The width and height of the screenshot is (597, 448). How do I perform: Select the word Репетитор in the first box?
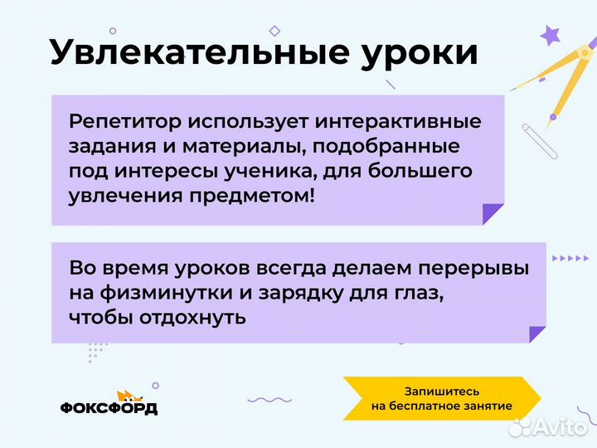(124, 121)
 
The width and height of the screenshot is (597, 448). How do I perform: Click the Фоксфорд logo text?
(109, 408)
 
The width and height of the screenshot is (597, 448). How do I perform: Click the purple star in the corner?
(550, 35)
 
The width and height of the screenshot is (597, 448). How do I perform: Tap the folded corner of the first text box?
(493, 213)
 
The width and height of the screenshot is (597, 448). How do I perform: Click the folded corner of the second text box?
(537, 334)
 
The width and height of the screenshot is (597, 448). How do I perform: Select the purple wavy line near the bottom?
(269, 400)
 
